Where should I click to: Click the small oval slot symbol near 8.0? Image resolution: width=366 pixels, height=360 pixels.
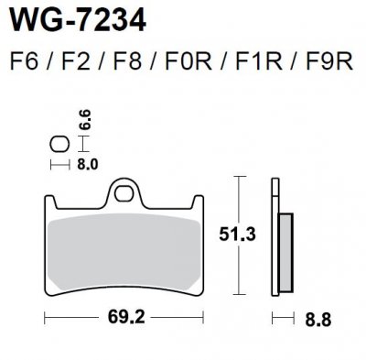(x=60, y=145)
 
